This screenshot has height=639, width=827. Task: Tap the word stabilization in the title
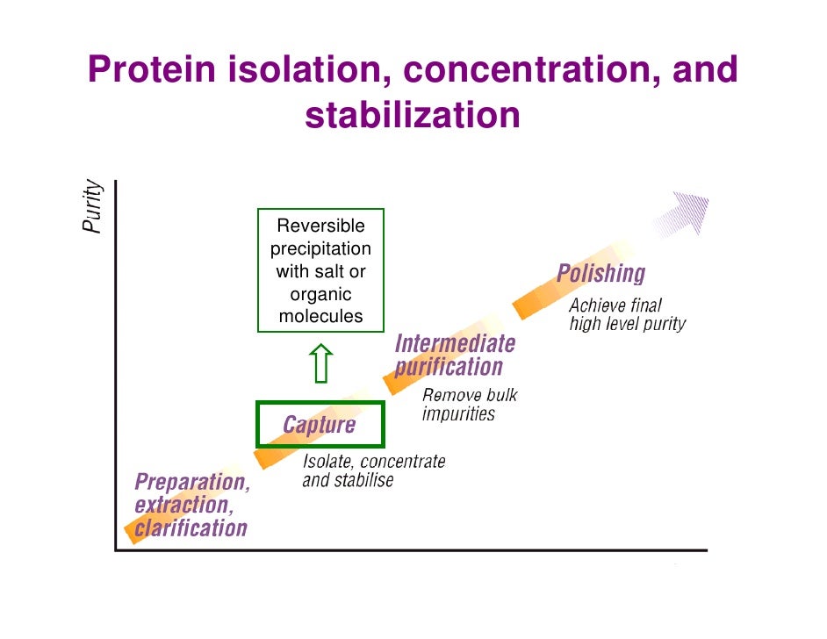tap(413, 115)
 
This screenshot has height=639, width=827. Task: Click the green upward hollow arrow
tap(321, 363)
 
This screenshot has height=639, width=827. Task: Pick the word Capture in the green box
tap(319, 426)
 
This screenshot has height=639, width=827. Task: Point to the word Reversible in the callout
tap(320, 227)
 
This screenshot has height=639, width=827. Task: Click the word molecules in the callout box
tap(320, 317)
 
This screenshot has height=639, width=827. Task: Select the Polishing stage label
tap(600, 273)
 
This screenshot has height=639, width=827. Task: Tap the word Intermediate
tap(455, 342)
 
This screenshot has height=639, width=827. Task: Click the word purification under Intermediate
tap(449, 367)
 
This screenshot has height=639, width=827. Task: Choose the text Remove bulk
tap(470, 396)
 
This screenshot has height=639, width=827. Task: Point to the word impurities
tap(458, 414)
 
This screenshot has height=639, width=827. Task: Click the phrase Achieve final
tap(615, 306)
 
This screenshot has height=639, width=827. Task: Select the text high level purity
tap(627, 325)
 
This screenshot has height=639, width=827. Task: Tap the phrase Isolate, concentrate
tap(373, 462)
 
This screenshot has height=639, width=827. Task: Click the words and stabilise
tap(348, 481)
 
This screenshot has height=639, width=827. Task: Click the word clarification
tap(191, 528)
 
